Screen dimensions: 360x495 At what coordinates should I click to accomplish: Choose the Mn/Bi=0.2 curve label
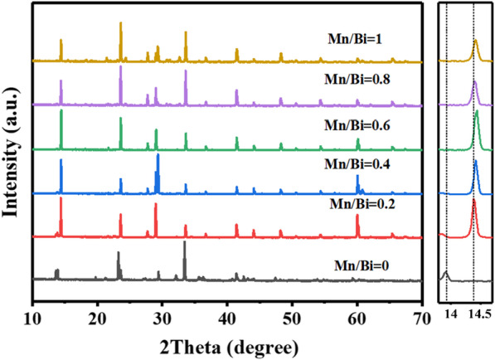coord(362,203)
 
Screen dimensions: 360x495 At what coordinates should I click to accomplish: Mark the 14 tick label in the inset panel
coord(450,316)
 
